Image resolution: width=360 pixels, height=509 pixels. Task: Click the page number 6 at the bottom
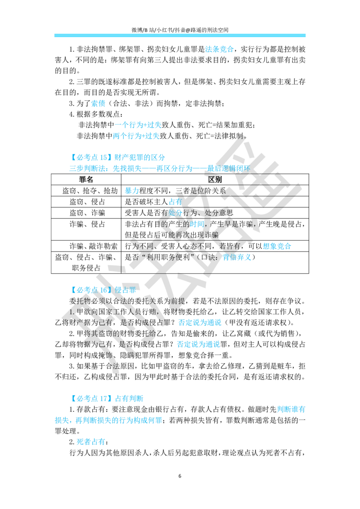180,476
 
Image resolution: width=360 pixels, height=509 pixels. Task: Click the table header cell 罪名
86,179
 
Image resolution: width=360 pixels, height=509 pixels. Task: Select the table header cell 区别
215,179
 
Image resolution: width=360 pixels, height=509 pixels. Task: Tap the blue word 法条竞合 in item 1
219,49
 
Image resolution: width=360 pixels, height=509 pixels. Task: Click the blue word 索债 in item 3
98,103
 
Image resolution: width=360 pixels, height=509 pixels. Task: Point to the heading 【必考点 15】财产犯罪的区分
117,157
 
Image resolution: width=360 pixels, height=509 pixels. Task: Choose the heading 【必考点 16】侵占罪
103,290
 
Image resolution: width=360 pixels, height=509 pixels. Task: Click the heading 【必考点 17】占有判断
106,398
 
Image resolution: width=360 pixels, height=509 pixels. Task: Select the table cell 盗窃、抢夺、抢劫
90,191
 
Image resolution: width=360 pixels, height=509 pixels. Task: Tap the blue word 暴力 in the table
132,191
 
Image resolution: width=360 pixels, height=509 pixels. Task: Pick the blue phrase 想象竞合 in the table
277,246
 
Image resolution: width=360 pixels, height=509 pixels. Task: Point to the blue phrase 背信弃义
237,257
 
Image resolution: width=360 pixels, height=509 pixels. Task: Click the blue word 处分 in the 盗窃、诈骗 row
175,213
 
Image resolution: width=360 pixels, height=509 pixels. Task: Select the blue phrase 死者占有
91,442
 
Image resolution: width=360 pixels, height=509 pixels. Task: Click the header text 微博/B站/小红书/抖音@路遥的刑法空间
180,30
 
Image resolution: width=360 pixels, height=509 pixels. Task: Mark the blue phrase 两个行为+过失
136,136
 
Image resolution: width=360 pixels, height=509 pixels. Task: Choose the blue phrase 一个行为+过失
138,125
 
